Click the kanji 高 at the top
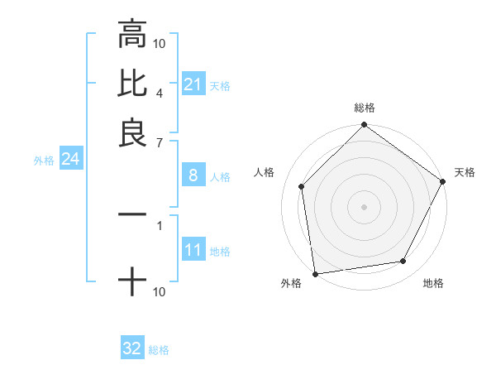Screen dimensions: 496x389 [131, 36]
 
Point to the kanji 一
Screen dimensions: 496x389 [131, 214]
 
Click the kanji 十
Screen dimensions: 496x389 [131, 283]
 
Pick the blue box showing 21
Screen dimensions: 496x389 [193, 84]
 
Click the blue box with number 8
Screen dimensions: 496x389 [193, 175]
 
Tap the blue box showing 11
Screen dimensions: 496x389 [193, 250]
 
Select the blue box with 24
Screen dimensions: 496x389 [70, 159]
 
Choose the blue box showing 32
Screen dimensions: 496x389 [132, 348]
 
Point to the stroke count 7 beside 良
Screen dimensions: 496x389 [159, 142]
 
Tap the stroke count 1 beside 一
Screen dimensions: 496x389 [159, 223]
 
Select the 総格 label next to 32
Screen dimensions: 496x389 [159, 350]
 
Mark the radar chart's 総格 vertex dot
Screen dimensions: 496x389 [364, 126]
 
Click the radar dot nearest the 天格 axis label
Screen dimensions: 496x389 [442, 181]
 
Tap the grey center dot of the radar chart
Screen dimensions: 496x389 [364, 207]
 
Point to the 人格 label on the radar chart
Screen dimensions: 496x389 [265, 172]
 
